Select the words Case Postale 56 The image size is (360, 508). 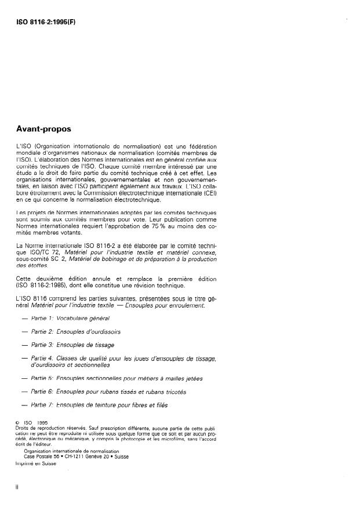pos(46,456)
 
